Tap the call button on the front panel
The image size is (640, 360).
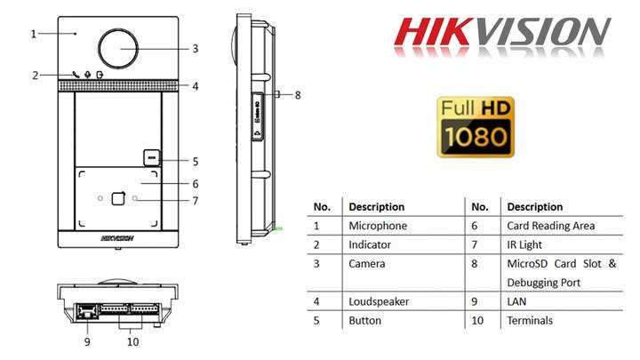point(151,157)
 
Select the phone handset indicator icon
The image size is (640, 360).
point(76,75)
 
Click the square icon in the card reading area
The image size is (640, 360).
point(118,198)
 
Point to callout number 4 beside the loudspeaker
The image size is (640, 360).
point(196,86)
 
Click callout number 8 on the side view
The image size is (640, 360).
point(298,95)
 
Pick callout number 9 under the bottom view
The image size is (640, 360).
point(87,341)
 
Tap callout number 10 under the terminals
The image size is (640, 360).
point(133,341)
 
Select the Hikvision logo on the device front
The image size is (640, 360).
point(117,238)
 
